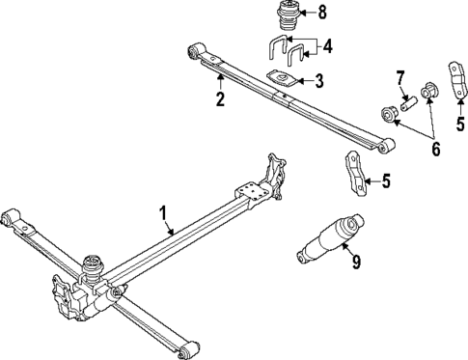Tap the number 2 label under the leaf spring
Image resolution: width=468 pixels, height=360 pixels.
pyautogui.click(x=219, y=99)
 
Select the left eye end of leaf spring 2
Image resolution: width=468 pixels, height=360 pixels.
pyautogui.click(x=197, y=48)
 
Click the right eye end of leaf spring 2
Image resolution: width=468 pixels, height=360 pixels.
pyautogui.click(x=388, y=146)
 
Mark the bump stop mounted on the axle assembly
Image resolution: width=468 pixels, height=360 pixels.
pyautogui.click(x=95, y=263)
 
